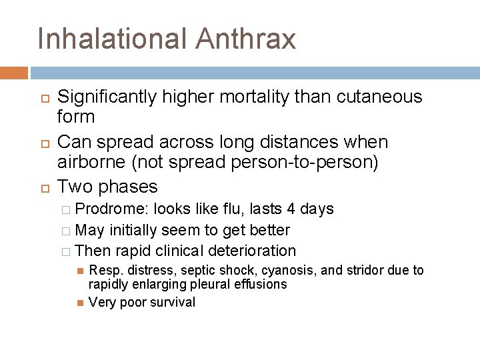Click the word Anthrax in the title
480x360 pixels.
[245, 39]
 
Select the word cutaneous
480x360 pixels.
[380, 97]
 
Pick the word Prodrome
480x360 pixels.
[112, 209]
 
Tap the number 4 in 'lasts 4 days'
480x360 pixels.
[290, 209]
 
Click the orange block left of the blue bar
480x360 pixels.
[14, 73]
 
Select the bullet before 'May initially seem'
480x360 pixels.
[65, 231]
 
